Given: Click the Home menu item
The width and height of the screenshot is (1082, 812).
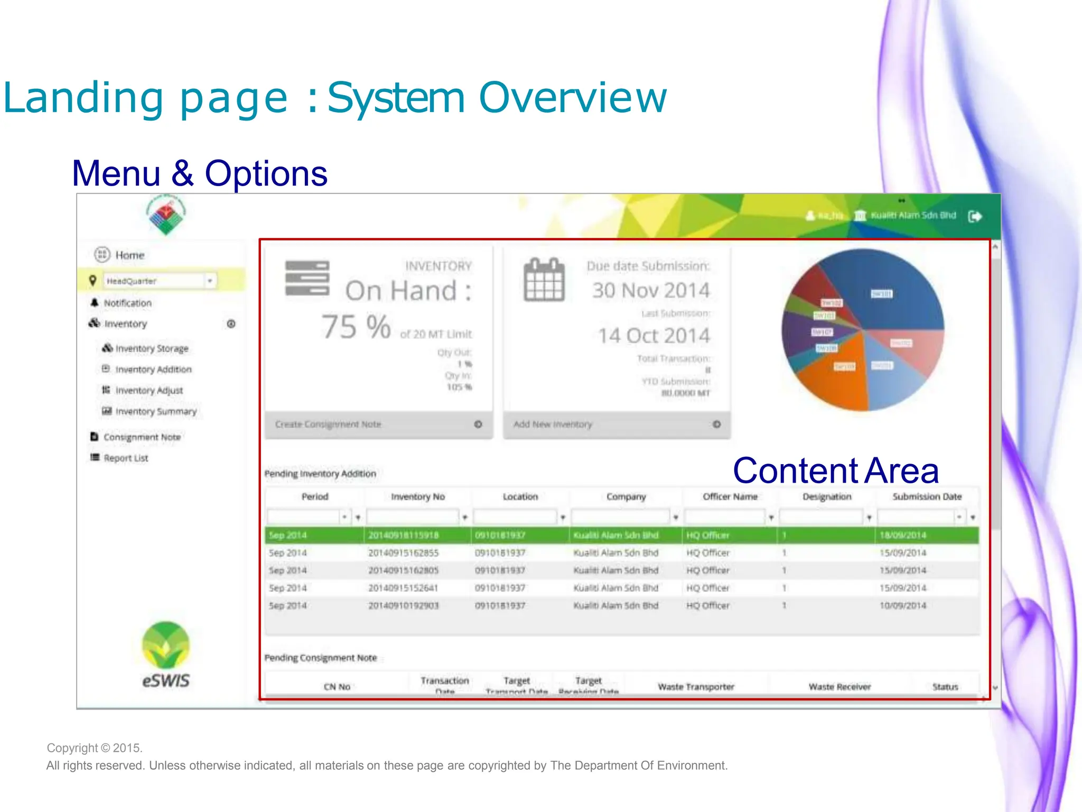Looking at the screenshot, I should point(129,255).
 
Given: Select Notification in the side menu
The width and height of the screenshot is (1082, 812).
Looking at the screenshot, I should point(127,303).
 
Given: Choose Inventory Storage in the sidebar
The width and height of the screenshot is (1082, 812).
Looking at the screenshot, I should point(151,348).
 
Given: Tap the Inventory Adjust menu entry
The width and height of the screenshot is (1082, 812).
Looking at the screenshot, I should point(148,390).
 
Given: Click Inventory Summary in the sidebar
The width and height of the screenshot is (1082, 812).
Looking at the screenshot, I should point(155,411).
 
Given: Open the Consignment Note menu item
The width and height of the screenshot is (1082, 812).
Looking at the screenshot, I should point(142,437).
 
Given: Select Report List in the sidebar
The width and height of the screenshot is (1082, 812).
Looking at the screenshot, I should point(125,458).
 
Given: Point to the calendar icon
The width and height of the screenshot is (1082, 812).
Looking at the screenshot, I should point(544,280).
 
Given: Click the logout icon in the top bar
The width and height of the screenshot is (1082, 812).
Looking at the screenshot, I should point(975,216).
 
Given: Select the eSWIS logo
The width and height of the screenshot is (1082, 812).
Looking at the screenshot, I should point(165,656).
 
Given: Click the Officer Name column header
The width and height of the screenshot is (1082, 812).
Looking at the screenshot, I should point(730,496).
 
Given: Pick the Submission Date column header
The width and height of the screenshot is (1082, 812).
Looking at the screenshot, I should point(927,496).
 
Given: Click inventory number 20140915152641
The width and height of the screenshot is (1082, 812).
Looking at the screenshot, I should point(403,588).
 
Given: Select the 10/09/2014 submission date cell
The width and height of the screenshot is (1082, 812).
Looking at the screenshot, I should point(902,605).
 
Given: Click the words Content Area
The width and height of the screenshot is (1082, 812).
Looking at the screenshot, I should point(835,470).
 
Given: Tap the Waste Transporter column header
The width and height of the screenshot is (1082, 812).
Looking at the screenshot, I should point(696,687).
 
